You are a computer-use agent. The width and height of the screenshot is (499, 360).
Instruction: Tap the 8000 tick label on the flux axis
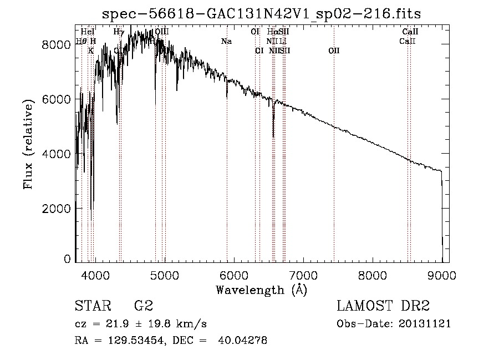[57, 45]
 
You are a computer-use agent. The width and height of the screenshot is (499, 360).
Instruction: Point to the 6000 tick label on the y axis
[57, 99]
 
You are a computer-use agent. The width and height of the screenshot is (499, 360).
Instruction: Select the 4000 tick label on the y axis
[57, 154]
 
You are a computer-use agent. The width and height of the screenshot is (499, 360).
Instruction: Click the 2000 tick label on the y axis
[57, 209]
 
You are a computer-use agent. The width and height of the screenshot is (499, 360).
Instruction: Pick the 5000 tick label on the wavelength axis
[164, 275]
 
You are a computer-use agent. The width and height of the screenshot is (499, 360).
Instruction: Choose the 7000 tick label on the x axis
[303, 275]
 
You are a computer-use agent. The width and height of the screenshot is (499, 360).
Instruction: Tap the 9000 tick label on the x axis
[442, 275]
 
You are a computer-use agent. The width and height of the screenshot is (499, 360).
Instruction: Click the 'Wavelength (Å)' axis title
[261, 289]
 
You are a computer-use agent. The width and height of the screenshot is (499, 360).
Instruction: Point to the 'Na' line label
[226, 42]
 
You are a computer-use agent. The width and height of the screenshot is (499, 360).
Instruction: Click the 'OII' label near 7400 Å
[334, 51]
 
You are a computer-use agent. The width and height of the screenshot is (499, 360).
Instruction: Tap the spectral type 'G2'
[143, 306]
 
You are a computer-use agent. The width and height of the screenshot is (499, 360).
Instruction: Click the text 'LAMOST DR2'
[383, 306]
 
